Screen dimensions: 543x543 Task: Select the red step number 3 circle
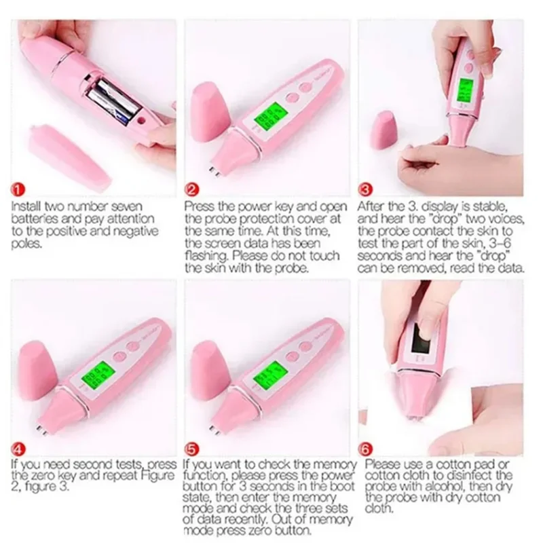point(367,189)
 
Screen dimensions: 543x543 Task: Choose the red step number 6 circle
point(367,450)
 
